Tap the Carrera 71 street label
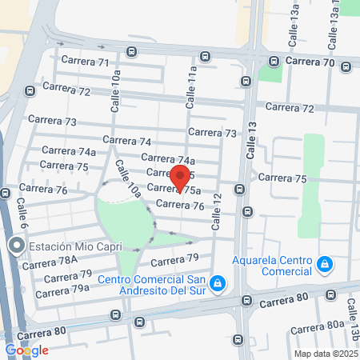pyautogui.click(x=92, y=62)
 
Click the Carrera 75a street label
pyautogui.click(x=172, y=190)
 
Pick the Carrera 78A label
pyautogui.click(x=50, y=261)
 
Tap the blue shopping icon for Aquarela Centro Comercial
pyautogui.click(x=324, y=263)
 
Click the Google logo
pyautogui.click(x=26, y=350)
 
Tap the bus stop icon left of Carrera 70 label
pyautogui.click(x=274, y=61)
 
